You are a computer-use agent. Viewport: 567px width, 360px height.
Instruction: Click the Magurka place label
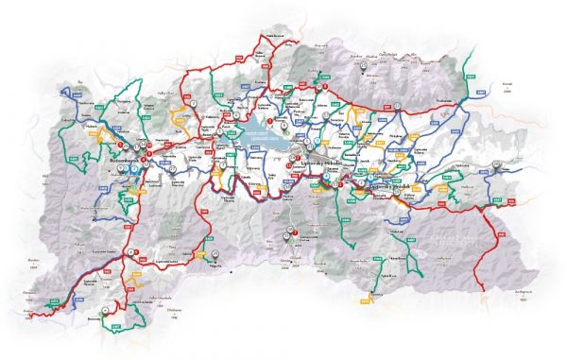pyautogui.click(x=215, y=267)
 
